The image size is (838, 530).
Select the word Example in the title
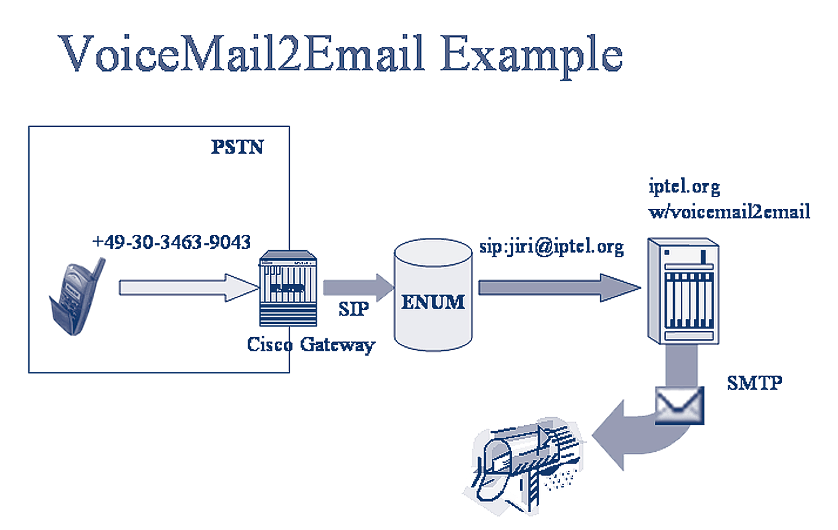[x=531, y=54]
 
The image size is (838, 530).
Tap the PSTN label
[x=237, y=147]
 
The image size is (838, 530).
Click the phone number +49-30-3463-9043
[x=171, y=242]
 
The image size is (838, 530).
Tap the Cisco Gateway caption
[x=311, y=343]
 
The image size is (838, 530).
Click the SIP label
[x=354, y=309]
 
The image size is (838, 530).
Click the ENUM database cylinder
[x=433, y=295]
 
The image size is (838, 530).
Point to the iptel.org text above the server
[x=684, y=185]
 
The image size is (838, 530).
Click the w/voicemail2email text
[x=729, y=212]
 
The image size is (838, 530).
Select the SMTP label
[x=754, y=383]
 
